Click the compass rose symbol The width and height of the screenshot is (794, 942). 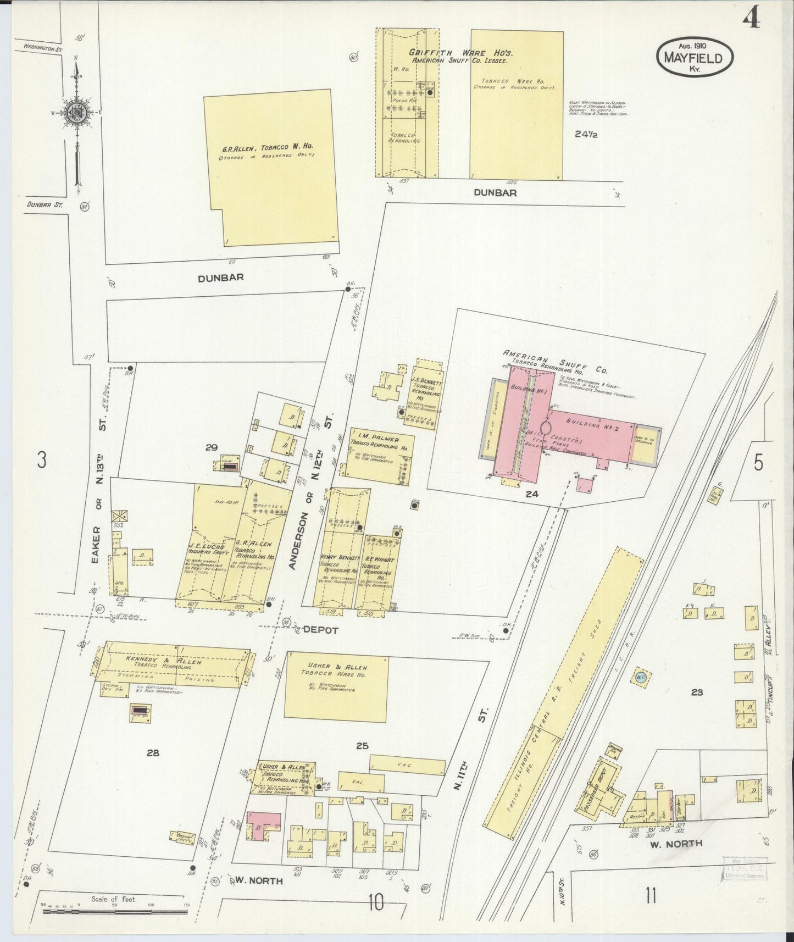(74, 113)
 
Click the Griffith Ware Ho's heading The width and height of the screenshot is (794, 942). (460, 53)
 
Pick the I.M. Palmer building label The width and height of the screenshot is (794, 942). (375, 439)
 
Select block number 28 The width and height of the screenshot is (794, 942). (153, 753)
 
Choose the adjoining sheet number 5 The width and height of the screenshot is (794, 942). (758, 464)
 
